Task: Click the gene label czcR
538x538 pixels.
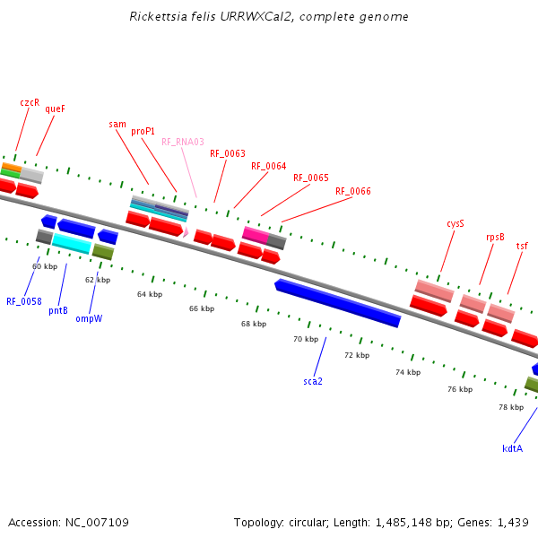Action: (x=30, y=102)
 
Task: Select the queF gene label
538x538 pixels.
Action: (x=55, y=108)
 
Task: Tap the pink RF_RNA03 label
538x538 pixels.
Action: (x=183, y=142)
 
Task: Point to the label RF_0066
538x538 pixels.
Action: (x=353, y=191)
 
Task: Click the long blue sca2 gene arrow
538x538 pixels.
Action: (x=338, y=303)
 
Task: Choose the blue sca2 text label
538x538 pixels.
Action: (x=313, y=381)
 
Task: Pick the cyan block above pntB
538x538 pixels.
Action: (x=72, y=242)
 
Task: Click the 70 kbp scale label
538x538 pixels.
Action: (x=306, y=339)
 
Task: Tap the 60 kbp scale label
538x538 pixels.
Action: (x=45, y=266)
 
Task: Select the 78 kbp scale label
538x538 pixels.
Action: (x=511, y=407)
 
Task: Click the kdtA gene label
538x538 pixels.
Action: (x=512, y=448)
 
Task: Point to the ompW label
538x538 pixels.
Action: (x=88, y=318)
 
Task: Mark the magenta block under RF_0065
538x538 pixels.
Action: (x=256, y=235)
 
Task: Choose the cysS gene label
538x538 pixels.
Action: (x=456, y=223)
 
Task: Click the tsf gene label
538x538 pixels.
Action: (x=522, y=246)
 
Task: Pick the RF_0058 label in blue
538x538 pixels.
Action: (x=24, y=301)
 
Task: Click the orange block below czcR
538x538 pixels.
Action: (x=11, y=167)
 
